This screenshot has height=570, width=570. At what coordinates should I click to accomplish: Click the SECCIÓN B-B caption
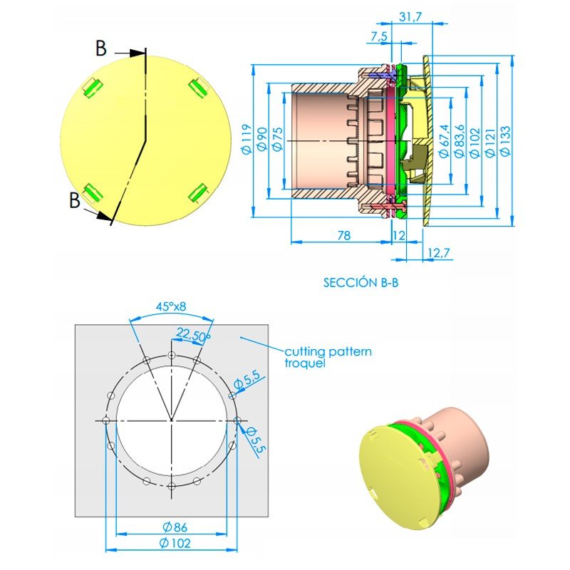tap(361, 282)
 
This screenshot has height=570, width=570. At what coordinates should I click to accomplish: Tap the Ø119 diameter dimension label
tap(246, 140)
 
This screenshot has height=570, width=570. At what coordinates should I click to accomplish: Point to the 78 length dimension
tap(343, 235)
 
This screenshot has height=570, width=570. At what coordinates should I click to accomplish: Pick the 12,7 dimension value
tap(440, 252)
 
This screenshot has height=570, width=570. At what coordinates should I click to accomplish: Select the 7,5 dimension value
tap(380, 36)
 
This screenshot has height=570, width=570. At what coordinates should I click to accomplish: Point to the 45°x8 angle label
tap(172, 307)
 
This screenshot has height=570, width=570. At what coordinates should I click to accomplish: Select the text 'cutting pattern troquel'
tap(328, 357)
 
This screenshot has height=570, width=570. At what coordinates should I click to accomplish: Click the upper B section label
tap(101, 48)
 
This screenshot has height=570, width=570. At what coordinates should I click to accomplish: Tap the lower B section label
tap(75, 200)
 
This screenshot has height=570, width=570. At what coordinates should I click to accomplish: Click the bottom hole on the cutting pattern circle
tap(172, 487)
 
